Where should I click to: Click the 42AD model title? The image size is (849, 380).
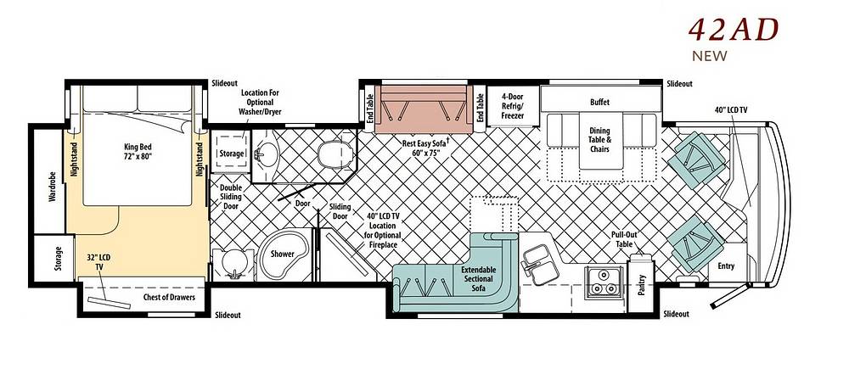pyautogui.click(x=734, y=30)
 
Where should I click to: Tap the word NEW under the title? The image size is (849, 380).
pyautogui.click(x=710, y=56)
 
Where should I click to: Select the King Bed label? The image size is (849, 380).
pyautogui.click(x=138, y=151)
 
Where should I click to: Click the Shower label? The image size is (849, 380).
pyautogui.click(x=283, y=254)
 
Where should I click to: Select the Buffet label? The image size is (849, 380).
pyautogui.click(x=599, y=103)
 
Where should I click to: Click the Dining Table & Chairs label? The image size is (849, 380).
pyautogui.click(x=599, y=140)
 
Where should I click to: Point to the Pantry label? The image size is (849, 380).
pyautogui.click(x=642, y=286)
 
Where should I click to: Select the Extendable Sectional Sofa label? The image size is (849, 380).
pyautogui.click(x=478, y=279)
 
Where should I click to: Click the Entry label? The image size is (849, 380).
pyautogui.click(x=726, y=265)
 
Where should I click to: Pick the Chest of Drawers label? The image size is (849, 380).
pyautogui.click(x=169, y=297)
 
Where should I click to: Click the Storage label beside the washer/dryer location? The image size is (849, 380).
pyautogui.click(x=231, y=154)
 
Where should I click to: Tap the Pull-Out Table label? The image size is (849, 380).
pyautogui.click(x=622, y=240)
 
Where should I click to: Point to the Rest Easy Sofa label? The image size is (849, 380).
pyautogui.click(x=426, y=148)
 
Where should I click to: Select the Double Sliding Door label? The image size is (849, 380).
pyautogui.click(x=231, y=197)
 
